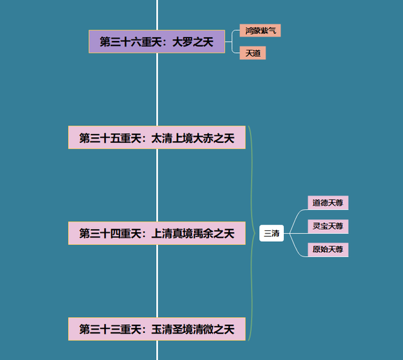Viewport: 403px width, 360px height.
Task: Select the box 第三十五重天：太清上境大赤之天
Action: click(157, 138)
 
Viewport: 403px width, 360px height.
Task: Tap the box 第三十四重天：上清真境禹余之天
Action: click(157, 233)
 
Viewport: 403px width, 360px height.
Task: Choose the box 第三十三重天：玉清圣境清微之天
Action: click(157, 329)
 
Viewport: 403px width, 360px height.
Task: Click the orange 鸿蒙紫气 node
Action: click(259, 30)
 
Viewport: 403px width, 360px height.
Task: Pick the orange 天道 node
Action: click(253, 53)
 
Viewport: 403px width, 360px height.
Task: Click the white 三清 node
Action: click(271, 233)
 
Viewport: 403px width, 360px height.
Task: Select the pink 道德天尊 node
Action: click(328, 203)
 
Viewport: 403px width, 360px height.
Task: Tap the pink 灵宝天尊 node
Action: click(328, 226)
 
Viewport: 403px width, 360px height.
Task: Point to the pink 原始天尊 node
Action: click(328, 249)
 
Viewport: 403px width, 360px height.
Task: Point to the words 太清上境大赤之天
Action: click(193, 138)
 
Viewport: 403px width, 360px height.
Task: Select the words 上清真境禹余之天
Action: click(193, 233)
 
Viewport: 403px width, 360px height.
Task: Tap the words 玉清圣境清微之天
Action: click(193, 329)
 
